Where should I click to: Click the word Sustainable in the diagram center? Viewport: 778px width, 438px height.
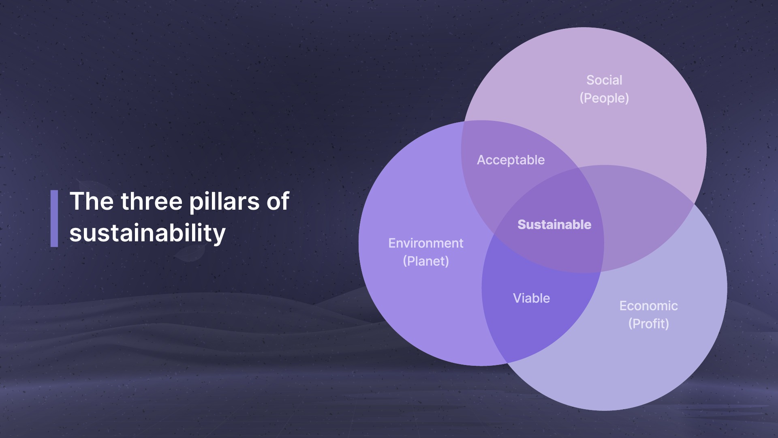554,225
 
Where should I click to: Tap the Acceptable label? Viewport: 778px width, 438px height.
511,160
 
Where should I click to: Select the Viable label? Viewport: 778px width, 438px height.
531,298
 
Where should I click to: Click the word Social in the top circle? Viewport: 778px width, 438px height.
604,80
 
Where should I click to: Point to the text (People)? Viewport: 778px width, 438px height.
604,98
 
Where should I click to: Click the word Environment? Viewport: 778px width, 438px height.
425,243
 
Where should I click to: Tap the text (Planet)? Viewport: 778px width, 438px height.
425,261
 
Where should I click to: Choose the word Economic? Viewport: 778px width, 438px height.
648,306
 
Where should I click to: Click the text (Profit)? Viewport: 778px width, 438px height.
648,324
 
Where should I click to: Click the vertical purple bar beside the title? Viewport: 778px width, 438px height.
54,218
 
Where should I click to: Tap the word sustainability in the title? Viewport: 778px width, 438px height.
147,234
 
